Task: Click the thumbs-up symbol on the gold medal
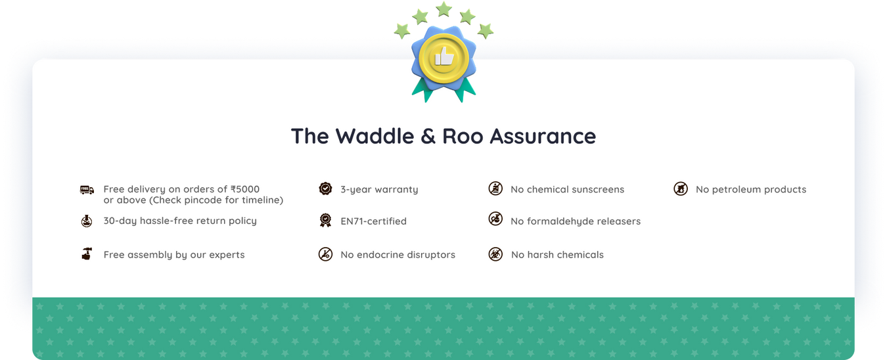[x=444, y=56]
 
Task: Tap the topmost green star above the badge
[x=444, y=9]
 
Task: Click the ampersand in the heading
[x=428, y=136]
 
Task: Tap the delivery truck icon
[x=87, y=190]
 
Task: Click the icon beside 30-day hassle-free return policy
[x=87, y=221]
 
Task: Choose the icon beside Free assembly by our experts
[x=87, y=254]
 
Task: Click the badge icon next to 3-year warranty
[x=325, y=189]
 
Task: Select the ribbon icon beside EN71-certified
[x=325, y=220]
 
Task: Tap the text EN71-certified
[x=373, y=221]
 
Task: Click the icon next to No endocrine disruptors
[x=325, y=254]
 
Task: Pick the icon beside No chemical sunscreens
[x=495, y=189]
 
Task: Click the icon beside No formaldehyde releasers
[x=495, y=219]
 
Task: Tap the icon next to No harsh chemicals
[x=495, y=254]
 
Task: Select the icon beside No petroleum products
[x=681, y=189]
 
